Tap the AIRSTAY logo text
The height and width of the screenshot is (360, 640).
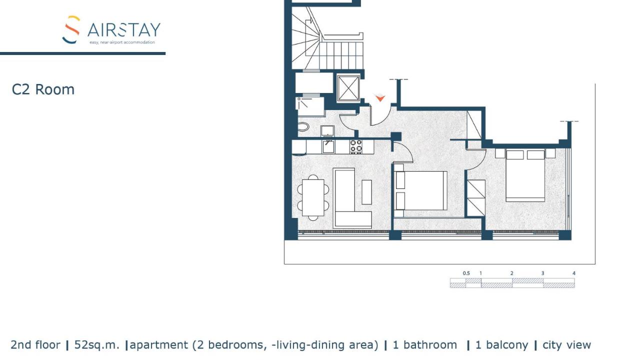(124, 30)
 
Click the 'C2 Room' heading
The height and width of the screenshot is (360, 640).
(43, 89)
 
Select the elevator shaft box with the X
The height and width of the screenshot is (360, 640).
(348, 88)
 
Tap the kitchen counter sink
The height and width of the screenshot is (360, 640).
(328, 146)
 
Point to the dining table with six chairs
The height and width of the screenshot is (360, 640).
(313, 197)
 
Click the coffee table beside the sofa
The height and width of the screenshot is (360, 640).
(367, 192)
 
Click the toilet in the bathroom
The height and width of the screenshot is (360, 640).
(303, 127)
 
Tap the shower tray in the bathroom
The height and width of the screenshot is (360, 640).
(309, 106)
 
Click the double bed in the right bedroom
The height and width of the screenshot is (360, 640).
(525, 175)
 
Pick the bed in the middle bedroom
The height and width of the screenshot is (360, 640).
(420, 190)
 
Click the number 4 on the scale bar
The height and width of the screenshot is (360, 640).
(573, 273)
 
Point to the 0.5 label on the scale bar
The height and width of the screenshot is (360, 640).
(466, 273)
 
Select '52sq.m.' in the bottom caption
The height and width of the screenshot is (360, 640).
(96, 345)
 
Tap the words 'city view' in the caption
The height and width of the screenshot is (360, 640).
(566, 345)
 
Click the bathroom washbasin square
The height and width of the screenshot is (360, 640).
(327, 131)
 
